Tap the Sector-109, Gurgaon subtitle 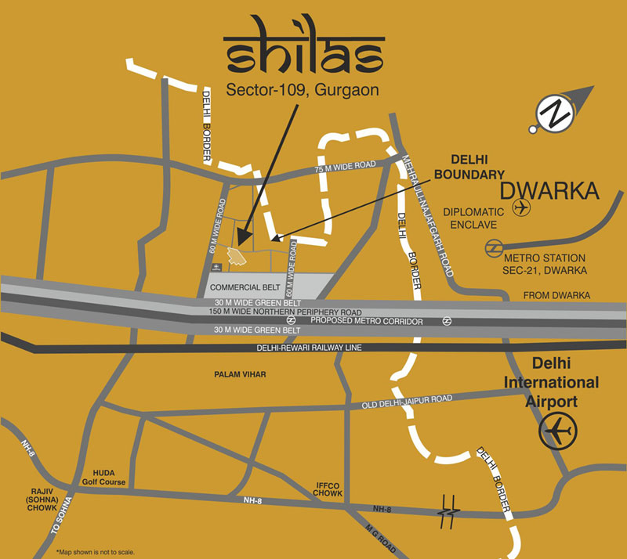303,89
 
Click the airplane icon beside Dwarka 520,207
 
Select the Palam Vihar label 240,375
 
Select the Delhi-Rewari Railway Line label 306,348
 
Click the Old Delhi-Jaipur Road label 407,402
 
